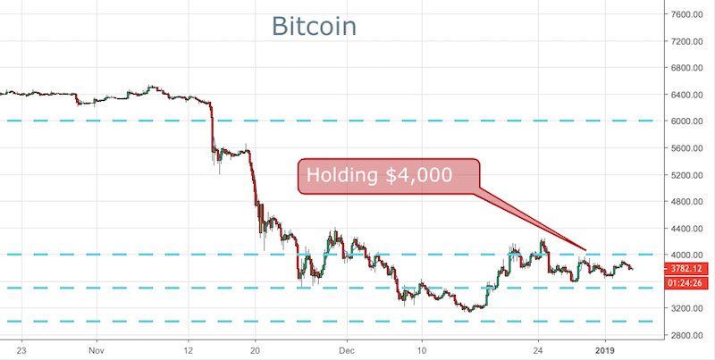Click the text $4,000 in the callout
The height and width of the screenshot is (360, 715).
[420, 175]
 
